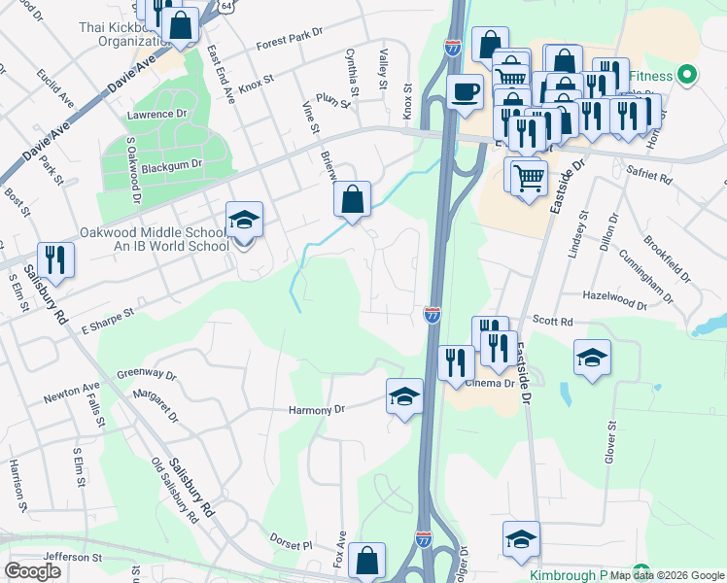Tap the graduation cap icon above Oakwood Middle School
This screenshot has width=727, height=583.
[x=244, y=221]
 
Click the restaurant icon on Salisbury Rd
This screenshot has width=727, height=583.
[x=56, y=259]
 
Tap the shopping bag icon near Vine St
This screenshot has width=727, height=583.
[x=352, y=199]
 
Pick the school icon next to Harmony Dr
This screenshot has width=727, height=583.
[x=404, y=396]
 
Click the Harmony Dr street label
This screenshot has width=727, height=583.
[x=317, y=410]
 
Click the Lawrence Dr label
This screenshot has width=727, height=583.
[x=156, y=114]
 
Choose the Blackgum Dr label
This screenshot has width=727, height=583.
[x=171, y=166]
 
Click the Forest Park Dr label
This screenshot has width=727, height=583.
[x=289, y=40]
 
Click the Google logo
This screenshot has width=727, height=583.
[x=32, y=571]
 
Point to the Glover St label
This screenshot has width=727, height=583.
[x=612, y=438]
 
